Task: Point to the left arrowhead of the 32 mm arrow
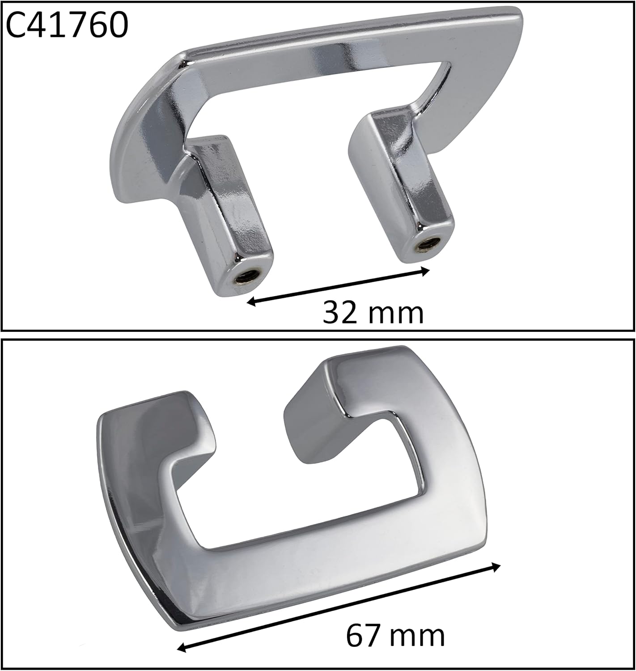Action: click(x=251, y=301)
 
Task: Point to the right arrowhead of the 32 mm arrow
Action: click(x=425, y=272)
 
